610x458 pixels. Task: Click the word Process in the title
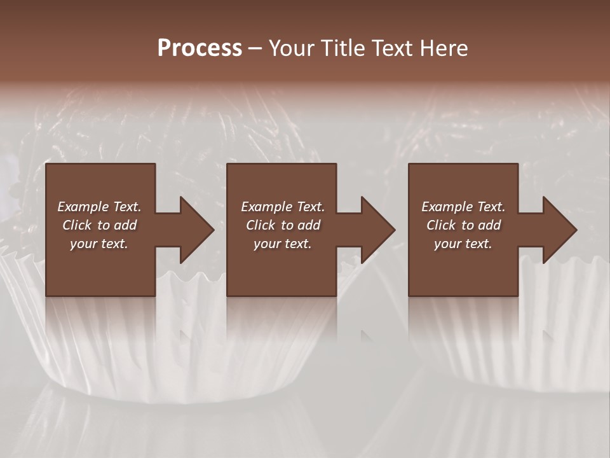(x=200, y=48)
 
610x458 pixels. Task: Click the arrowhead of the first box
(x=196, y=230)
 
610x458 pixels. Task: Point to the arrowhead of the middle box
(x=377, y=230)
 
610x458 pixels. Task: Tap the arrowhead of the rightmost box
(x=559, y=230)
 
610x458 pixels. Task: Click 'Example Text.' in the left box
(x=99, y=207)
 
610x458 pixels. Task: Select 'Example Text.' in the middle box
(x=283, y=207)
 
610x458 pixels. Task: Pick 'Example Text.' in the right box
(x=463, y=207)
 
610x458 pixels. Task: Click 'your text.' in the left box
(x=99, y=244)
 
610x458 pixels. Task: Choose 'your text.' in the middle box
(x=283, y=244)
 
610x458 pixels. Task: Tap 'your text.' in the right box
(x=463, y=244)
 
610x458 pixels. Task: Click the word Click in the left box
(x=77, y=225)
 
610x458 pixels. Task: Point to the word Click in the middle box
(x=261, y=225)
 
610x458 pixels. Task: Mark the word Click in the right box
(x=441, y=225)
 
